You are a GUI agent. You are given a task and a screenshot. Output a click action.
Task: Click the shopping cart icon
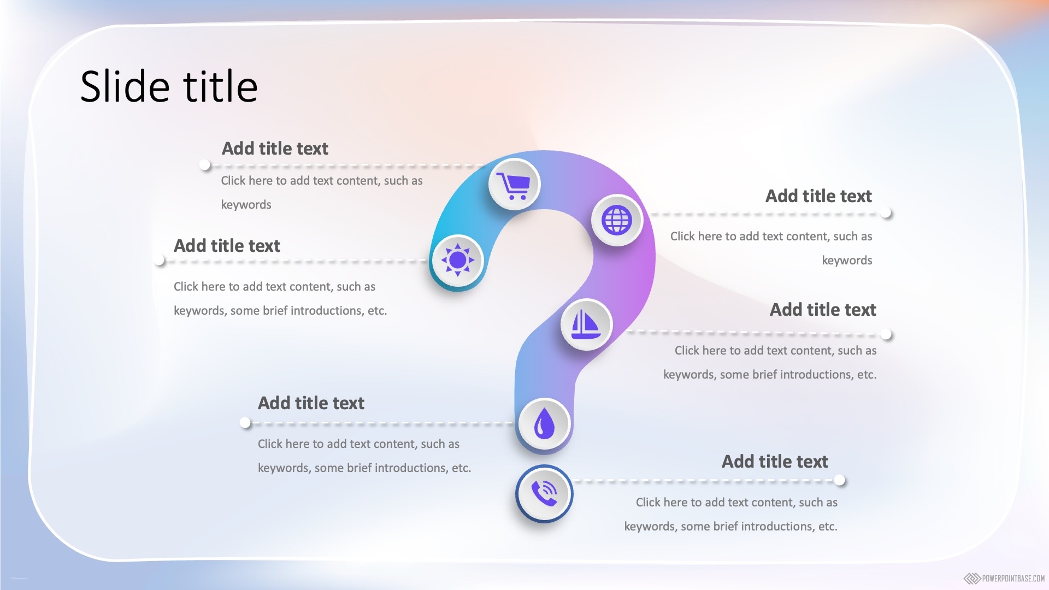(x=514, y=186)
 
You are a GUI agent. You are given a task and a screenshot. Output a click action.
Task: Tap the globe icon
(x=617, y=220)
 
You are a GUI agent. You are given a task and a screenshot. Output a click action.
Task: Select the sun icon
(x=457, y=260)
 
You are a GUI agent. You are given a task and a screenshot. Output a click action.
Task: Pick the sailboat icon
(x=586, y=324)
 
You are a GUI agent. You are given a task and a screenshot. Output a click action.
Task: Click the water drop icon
(x=544, y=423)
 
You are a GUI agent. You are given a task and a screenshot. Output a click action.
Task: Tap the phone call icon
(x=544, y=494)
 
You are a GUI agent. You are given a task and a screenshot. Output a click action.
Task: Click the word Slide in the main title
(x=125, y=86)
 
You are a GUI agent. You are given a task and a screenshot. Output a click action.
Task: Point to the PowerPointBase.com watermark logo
(x=1004, y=578)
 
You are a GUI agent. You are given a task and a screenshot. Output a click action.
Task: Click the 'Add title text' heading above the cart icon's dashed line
(x=275, y=149)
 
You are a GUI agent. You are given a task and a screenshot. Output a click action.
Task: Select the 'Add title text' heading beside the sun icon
(x=227, y=246)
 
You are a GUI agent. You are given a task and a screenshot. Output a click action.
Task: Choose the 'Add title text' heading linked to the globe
(x=818, y=196)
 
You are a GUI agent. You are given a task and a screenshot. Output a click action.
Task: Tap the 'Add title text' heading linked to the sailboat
(x=823, y=310)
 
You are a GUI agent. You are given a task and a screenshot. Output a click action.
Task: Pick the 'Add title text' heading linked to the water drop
(x=311, y=403)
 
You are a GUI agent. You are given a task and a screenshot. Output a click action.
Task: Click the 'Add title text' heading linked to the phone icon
(x=775, y=462)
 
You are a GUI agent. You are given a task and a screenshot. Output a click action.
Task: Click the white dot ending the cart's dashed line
(x=205, y=164)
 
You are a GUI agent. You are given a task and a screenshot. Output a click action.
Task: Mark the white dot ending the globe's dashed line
(x=886, y=213)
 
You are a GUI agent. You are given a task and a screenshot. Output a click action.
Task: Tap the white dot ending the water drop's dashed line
(x=245, y=422)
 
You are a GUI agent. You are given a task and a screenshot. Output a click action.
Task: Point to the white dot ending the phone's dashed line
(x=840, y=480)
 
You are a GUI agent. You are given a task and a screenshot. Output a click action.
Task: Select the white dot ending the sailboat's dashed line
(x=886, y=334)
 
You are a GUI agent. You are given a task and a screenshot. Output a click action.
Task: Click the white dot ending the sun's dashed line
(x=160, y=261)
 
